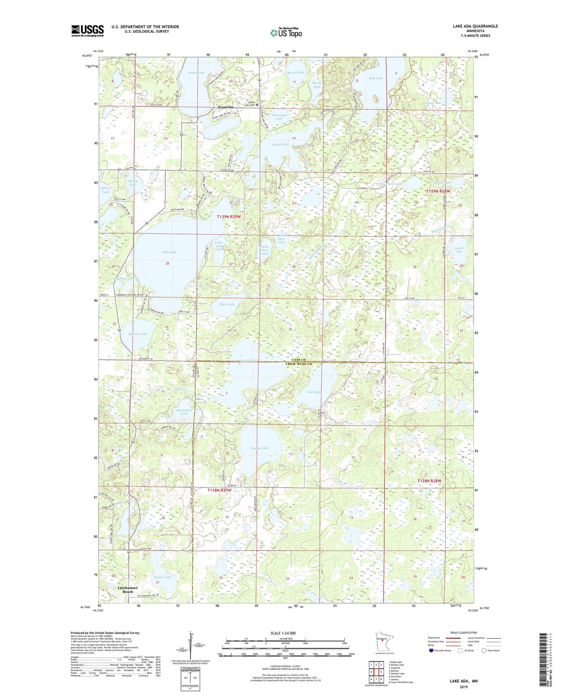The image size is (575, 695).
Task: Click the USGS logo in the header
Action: (x=88, y=30)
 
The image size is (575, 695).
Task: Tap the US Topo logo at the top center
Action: (x=286, y=33)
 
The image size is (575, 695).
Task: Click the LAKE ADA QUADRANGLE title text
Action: (x=475, y=26)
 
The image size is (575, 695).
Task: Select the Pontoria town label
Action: (x=226, y=107)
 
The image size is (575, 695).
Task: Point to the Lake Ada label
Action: (x=169, y=252)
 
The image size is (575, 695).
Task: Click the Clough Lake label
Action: (x=259, y=448)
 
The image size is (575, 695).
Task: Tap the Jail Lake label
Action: (x=314, y=392)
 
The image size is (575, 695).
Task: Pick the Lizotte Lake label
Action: (x=162, y=577)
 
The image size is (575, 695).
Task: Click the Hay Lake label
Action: (x=376, y=78)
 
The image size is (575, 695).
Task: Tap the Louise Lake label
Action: (x=459, y=250)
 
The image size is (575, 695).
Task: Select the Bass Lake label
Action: (x=228, y=304)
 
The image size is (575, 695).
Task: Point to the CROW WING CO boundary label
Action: (x=298, y=364)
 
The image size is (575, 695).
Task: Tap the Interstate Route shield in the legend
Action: (x=432, y=650)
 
